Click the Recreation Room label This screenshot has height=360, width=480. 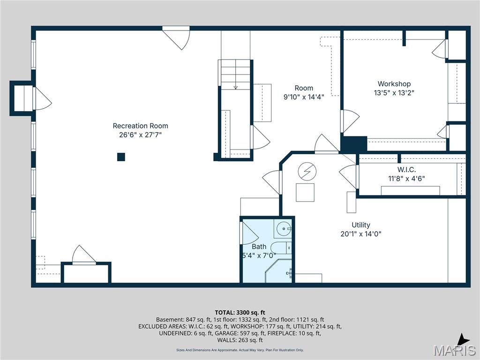[140, 126]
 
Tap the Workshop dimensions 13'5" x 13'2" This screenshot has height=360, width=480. [394, 93]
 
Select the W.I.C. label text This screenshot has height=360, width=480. [406, 169]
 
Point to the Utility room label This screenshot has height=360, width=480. [361, 225]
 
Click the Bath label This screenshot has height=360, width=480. [259, 247]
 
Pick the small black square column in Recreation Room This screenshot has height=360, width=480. [121, 157]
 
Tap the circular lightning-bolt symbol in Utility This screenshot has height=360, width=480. [307, 172]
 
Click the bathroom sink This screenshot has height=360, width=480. [284, 229]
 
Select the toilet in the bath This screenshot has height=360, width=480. [280, 247]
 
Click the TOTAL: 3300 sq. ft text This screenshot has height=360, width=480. [240, 312]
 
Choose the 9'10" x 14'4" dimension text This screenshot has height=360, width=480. [304, 97]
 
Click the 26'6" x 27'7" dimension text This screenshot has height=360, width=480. [140, 135]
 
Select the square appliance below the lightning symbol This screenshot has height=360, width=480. [305, 193]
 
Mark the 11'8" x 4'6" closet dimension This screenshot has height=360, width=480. [406, 178]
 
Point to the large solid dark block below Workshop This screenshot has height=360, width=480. [353, 144]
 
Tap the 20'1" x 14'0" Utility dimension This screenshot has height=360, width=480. [361, 234]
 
